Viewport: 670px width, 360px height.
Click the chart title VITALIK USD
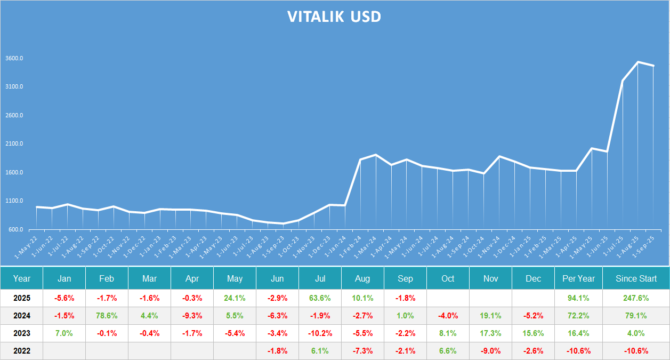tap(334, 17)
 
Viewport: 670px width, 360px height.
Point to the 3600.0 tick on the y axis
tap(14, 58)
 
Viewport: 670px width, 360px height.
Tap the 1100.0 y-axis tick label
tap(14, 201)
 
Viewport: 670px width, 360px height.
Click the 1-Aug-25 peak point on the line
tap(637, 62)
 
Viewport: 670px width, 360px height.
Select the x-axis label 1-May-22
tap(26, 245)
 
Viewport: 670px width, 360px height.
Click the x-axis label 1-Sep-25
tap(643, 245)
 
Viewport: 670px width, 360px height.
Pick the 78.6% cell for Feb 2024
tap(107, 315)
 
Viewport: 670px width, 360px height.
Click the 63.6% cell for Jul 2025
tap(320, 298)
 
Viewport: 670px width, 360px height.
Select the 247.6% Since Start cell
tap(636, 298)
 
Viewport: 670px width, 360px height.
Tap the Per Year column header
tap(578, 278)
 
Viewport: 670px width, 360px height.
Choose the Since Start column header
tap(636, 278)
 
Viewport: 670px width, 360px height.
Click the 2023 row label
tap(22, 333)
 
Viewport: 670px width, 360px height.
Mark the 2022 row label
tap(22, 351)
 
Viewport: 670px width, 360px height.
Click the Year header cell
tap(22, 278)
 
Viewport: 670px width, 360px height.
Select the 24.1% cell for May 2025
tap(235, 298)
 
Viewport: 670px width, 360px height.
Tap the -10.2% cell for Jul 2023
tap(320, 333)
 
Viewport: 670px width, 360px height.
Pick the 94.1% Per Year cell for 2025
tap(578, 298)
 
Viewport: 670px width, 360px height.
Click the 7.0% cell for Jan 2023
tap(64, 333)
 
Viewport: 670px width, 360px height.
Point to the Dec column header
tap(533, 278)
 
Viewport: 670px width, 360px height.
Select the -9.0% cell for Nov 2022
tap(490, 351)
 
